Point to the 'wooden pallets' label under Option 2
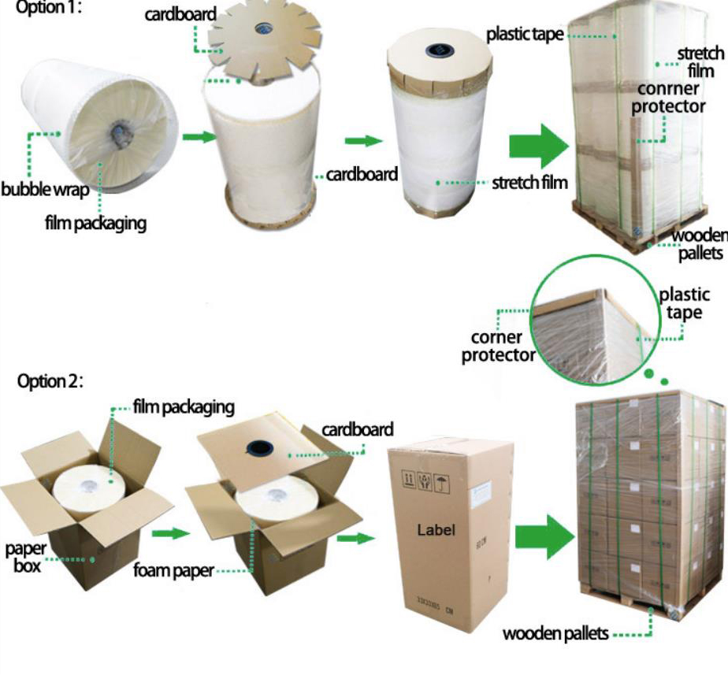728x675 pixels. click(x=555, y=633)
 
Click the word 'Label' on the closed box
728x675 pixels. click(x=436, y=530)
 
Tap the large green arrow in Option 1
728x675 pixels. click(x=538, y=145)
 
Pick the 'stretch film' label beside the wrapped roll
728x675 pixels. click(x=529, y=184)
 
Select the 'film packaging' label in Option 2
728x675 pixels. click(x=183, y=407)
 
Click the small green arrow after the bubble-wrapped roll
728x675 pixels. click(x=199, y=137)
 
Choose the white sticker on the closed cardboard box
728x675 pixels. click(x=483, y=494)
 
